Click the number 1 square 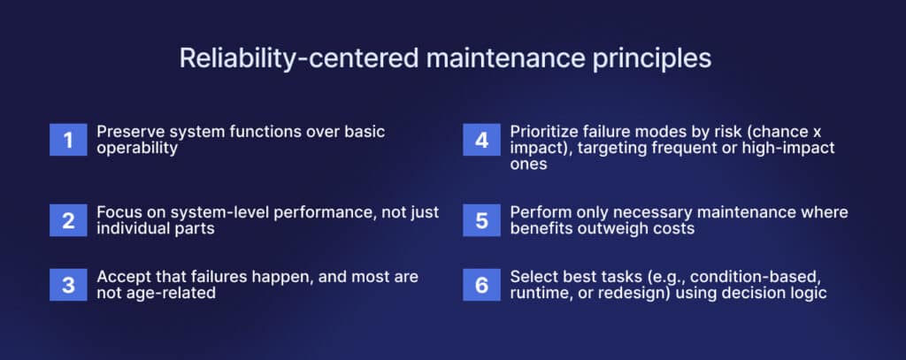[67, 139]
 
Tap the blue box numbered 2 [67, 220]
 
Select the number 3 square [67, 285]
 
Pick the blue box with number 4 [481, 139]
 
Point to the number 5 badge [481, 220]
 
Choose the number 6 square [481, 285]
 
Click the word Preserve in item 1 [130, 131]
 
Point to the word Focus [119, 212]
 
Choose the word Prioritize [546, 131]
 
